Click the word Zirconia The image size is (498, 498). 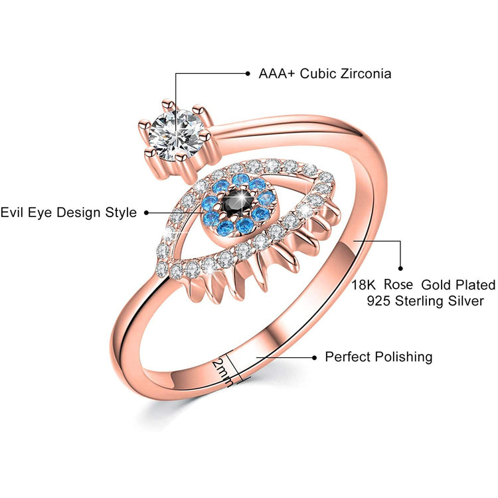click(x=365, y=73)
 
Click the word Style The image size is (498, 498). click(x=120, y=212)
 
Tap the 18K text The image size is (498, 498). click(x=364, y=285)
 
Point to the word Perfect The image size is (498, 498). click(x=349, y=357)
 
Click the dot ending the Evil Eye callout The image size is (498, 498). click(x=147, y=212)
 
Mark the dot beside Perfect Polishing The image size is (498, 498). click(x=313, y=357)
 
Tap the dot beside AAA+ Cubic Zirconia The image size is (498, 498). click(x=248, y=73)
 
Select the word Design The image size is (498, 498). click(x=78, y=212)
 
